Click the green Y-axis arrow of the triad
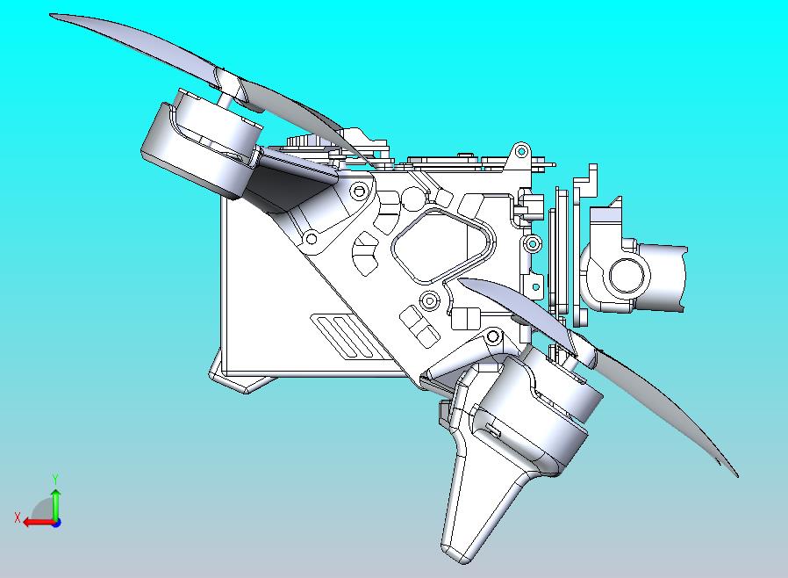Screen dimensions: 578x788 pyautogui.click(x=55, y=502)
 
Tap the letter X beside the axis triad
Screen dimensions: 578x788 pyautogui.click(x=18, y=517)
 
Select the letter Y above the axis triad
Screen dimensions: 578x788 pyautogui.click(x=55, y=479)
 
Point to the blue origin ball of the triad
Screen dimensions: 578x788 pyautogui.click(x=56, y=522)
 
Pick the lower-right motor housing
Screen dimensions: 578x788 pyautogui.click(x=535, y=413)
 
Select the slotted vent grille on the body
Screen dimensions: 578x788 pyautogui.click(x=343, y=336)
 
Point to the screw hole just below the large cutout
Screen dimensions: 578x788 pyautogui.click(x=429, y=300)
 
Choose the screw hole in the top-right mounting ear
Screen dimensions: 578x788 pyautogui.click(x=520, y=150)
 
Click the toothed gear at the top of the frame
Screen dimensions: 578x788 pyautogui.click(x=307, y=145)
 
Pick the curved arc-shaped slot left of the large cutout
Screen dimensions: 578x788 pyautogui.click(x=363, y=259)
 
